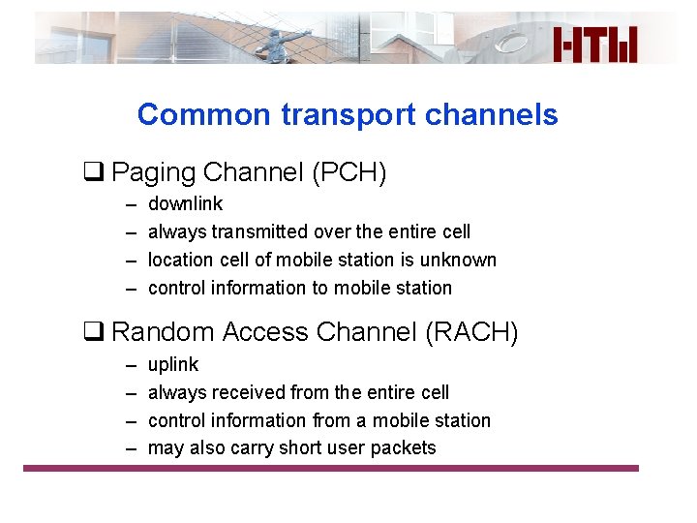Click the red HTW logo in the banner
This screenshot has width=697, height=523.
point(595,45)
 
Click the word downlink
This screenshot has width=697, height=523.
point(185,204)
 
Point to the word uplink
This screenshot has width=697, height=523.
point(173,365)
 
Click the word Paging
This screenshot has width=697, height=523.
point(149,173)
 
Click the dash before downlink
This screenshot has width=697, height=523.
point(130,204)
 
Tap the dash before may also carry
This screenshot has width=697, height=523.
point(130,448)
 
